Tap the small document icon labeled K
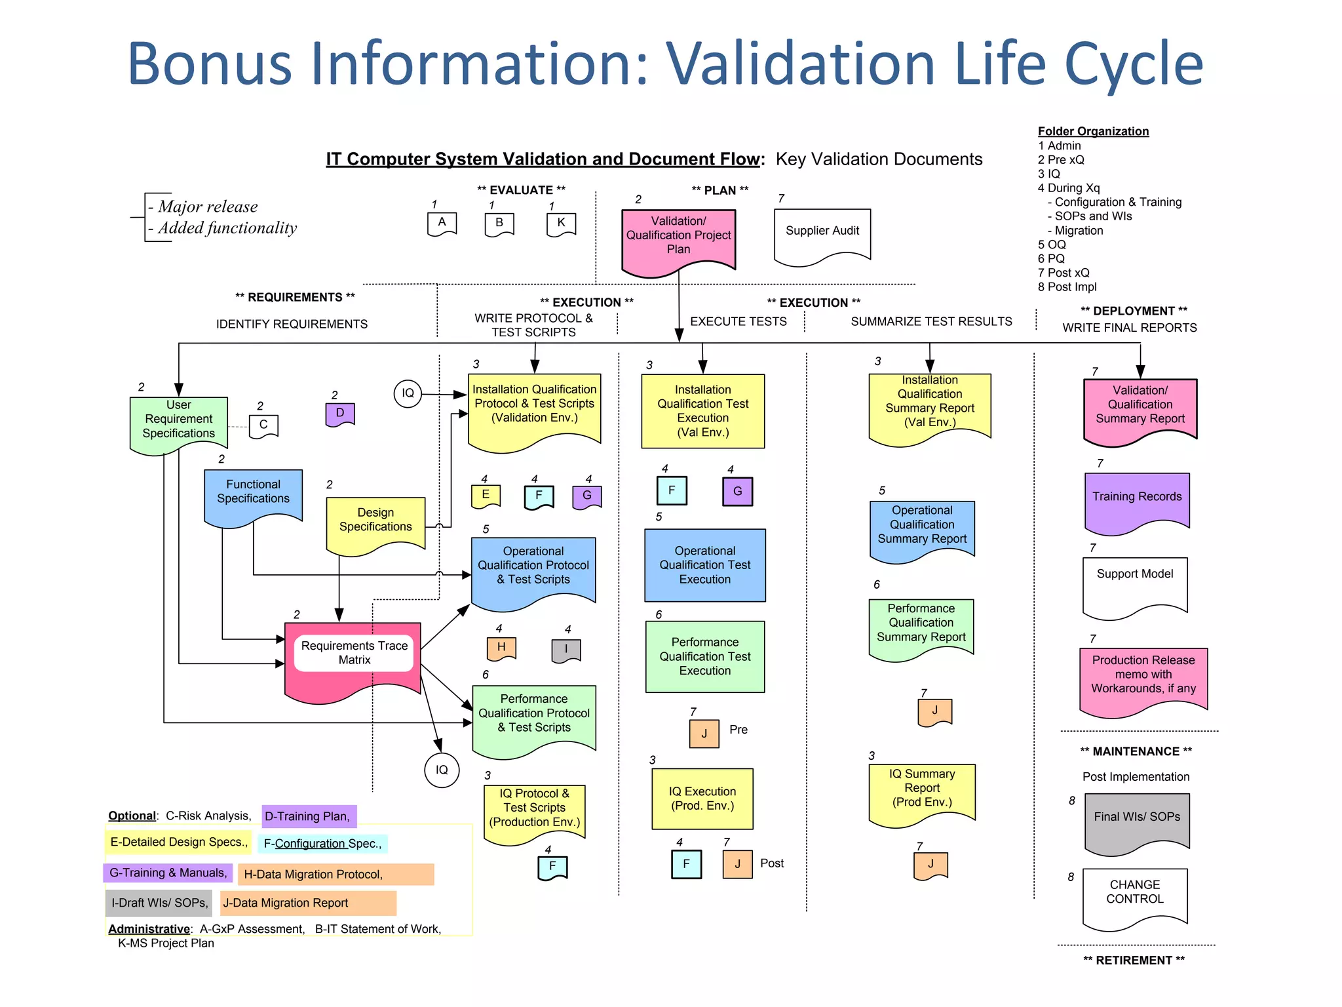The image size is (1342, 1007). (561, 224)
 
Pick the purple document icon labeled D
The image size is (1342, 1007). (339, 414)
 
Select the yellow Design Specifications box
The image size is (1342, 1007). (375, 523)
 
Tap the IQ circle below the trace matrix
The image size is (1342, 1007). (442, 770)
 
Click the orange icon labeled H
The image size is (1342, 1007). (501, 648)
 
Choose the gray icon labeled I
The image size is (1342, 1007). (566, 650)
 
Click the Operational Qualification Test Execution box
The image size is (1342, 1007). (704, 565)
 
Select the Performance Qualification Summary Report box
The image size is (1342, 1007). (921, 626)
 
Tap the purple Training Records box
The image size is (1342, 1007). (1136, 500)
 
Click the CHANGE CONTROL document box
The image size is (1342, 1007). (1134, 895)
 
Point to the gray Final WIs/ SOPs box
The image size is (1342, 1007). (1136, 820)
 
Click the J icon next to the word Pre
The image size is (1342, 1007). (704, 734)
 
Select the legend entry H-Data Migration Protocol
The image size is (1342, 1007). (335, 875)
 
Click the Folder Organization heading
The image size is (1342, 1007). (1092, 131)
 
